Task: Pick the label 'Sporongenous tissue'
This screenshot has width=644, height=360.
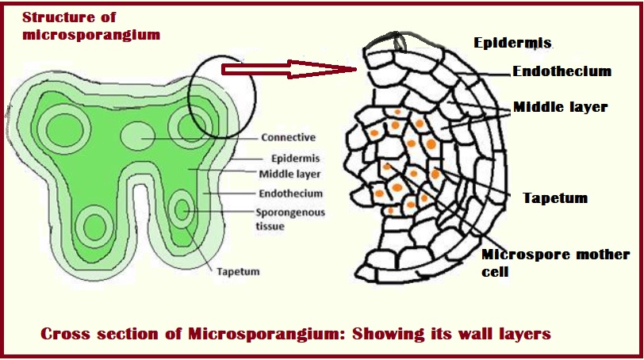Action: (x=284, y=219)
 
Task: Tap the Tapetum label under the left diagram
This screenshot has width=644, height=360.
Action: (x=238, y=271)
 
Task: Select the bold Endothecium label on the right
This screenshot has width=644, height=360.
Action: (x=562, y=71)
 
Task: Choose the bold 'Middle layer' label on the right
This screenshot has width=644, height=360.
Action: (x=560, y=106)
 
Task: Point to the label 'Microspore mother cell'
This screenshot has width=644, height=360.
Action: (x=555, y=262)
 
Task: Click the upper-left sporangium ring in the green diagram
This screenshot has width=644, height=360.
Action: (x=59, y=128)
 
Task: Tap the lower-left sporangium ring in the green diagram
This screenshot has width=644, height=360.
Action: (x=94, y=226)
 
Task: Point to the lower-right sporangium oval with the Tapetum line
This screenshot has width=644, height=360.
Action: (x=183, y=211)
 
